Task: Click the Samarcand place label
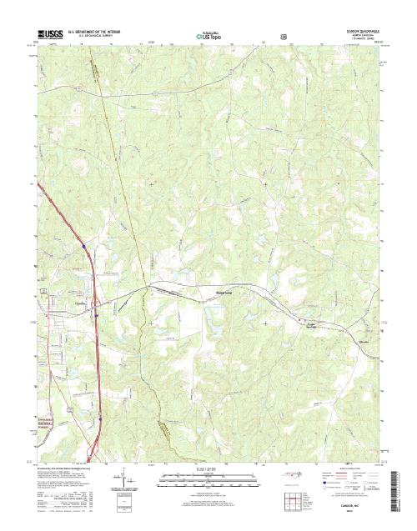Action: [x=215, y=293]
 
